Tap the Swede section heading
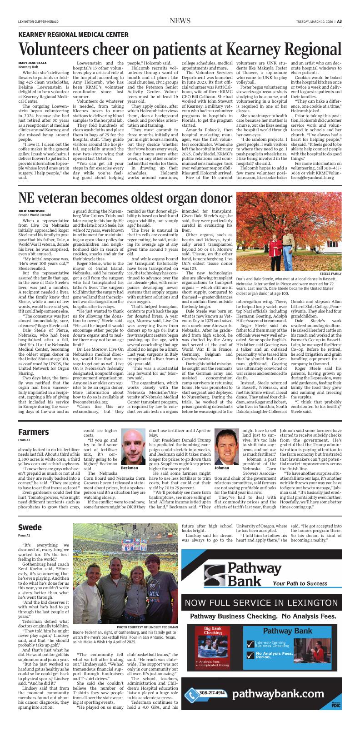30,527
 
